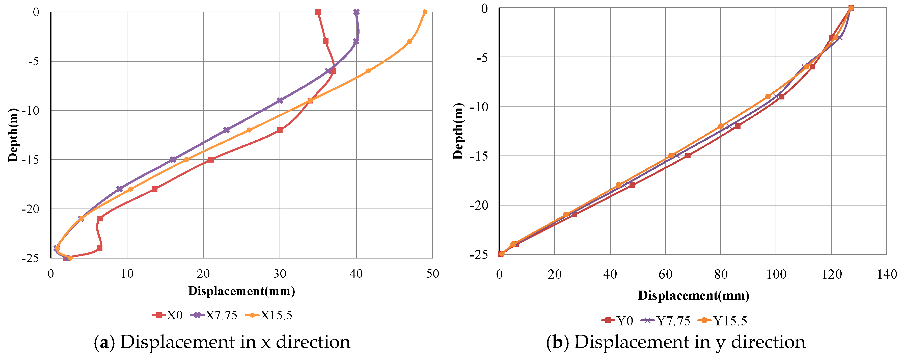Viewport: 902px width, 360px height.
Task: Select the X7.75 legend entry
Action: (214, 315)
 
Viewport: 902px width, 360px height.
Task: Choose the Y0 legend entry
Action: (617, 321)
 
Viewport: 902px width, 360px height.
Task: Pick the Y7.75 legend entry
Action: (666, 321)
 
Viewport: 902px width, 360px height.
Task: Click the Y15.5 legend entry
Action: (722, 321)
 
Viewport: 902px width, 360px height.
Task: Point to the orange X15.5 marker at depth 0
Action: (425, 12)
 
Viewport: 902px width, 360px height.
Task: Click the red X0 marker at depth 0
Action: (318, 12)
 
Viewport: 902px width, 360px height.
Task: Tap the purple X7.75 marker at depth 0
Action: (356, 12)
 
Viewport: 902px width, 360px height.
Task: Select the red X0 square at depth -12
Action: (279, 130)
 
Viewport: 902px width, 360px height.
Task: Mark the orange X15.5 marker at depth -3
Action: (409, 41)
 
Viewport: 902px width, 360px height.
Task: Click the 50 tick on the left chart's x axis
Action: (432, 274)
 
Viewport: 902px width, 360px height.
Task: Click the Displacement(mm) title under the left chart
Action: (242, 291)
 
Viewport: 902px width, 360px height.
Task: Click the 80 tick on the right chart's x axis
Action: (721, 274)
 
